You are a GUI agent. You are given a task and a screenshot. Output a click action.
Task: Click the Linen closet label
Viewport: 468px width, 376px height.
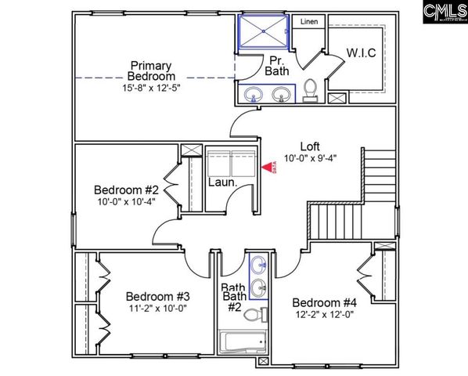coord(310,22)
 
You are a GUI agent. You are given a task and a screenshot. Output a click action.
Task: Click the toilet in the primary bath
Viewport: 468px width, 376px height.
coord(310,91)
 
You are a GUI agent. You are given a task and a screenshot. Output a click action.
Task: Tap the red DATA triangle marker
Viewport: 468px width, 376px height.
coord(268,166)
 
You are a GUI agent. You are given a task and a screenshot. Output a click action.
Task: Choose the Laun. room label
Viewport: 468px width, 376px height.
coord(222,183)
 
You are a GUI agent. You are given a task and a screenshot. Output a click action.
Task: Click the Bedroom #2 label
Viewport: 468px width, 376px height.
coord(126,190)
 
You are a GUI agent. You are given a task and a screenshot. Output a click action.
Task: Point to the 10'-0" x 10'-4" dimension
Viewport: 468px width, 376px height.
coord(126,201)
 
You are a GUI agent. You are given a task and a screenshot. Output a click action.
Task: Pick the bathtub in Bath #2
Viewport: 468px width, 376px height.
coord(242,343)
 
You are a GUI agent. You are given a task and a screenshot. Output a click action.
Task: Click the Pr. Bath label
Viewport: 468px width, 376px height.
coord(279,65)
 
